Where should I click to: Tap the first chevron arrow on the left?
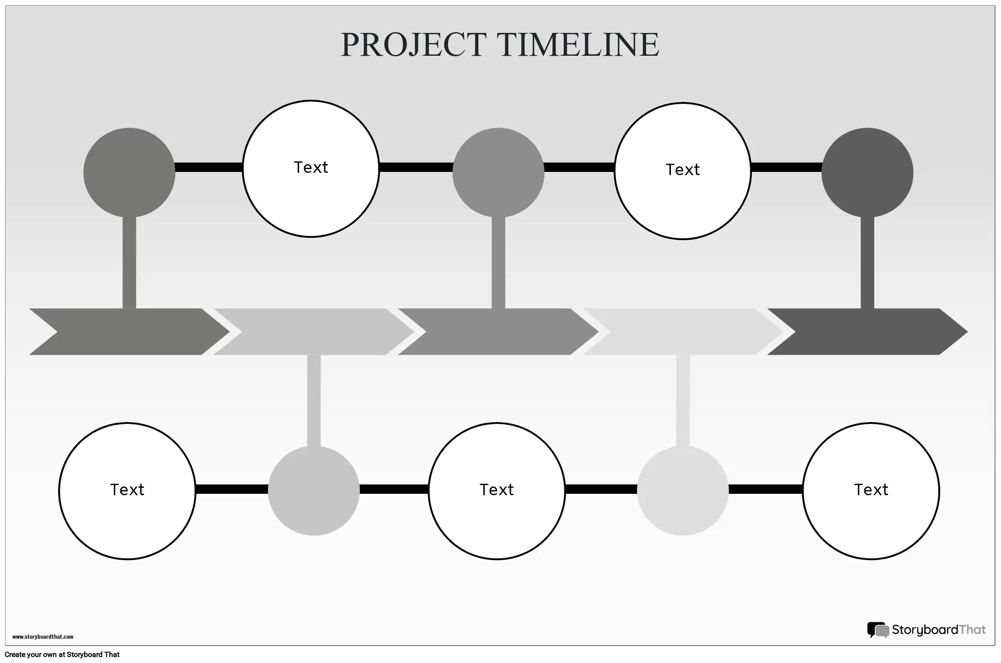[128, 331]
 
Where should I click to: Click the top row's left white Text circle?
[310, 168]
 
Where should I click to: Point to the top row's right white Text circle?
[682, 171]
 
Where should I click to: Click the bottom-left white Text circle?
[127, 491]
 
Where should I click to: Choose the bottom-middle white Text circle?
[497, 491]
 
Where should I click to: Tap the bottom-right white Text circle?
[871, 491]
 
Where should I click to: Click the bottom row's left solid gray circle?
[314, 491]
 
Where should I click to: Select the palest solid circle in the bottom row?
[682, 491]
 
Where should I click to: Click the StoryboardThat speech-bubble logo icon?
[878, 630]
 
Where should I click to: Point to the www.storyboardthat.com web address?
[43, 636]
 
